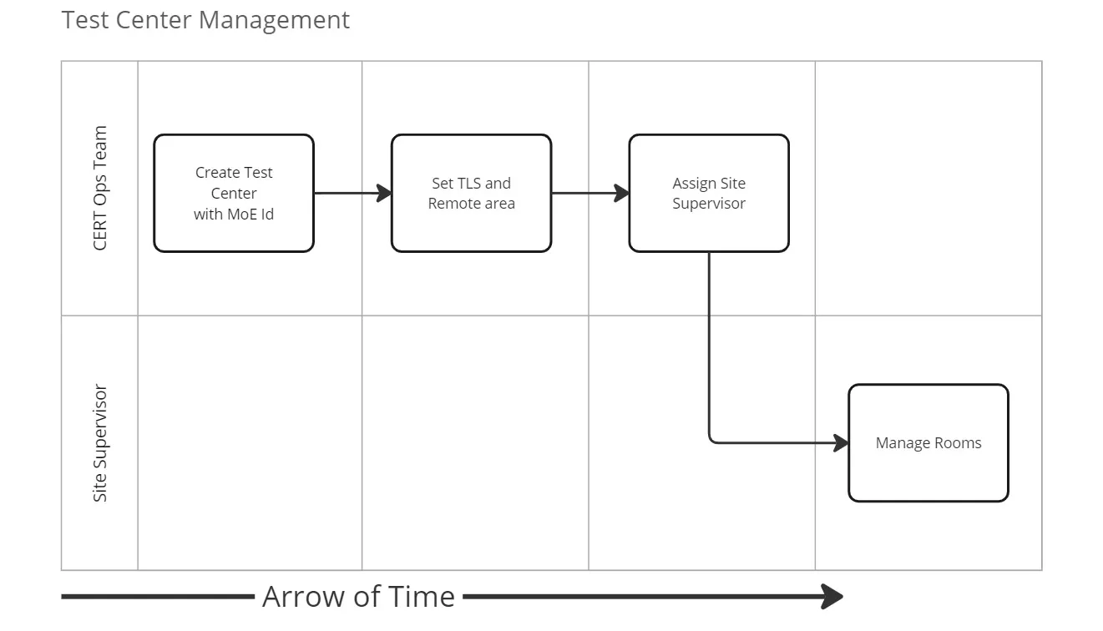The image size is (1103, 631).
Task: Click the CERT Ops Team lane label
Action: (100, 188)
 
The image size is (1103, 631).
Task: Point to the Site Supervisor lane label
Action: (100, 443)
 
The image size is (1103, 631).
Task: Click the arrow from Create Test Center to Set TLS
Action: (351, 194)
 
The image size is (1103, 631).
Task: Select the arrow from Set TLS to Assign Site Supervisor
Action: (589, 194)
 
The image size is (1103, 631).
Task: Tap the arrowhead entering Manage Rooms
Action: (842, 443)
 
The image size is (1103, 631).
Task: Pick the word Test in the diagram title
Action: (84, 20)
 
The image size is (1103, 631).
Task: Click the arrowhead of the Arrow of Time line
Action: (832, 597)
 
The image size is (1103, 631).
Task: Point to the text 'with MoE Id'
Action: (234, 215)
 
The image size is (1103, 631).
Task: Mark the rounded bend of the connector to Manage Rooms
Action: (712, 440)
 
